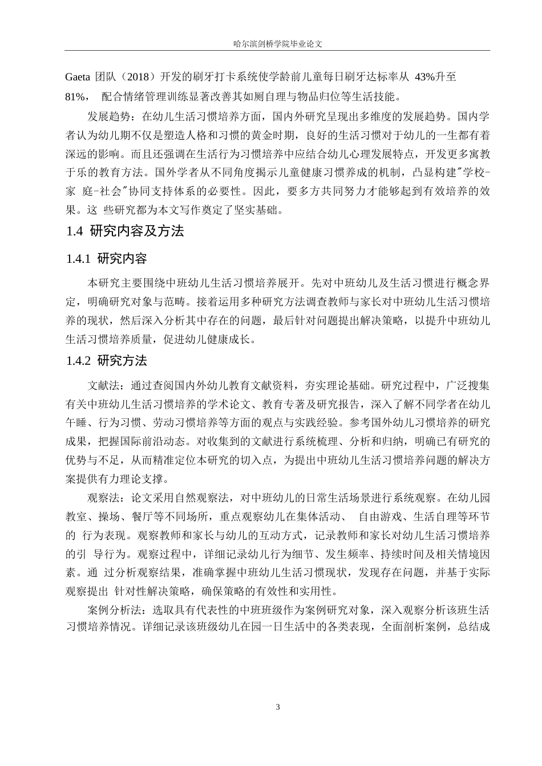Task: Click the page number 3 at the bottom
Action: pos(278,707)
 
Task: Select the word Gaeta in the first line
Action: pos(79,76)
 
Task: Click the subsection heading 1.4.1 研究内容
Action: pos(107,259)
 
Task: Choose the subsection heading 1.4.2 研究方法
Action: pos(107,361)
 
